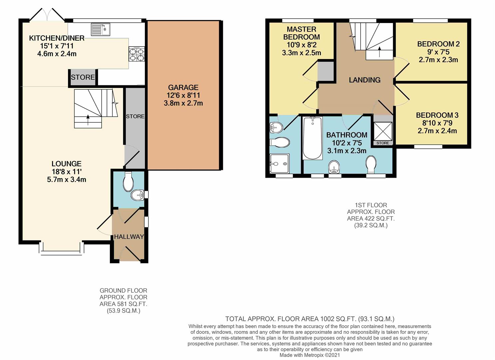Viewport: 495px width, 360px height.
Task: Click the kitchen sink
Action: [x=101, y=29]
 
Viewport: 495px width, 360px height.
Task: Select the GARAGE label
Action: [x=183, y=87]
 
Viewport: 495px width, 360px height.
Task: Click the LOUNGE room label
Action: [x=67, y=164]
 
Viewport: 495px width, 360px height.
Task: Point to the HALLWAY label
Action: [x=129, y=237]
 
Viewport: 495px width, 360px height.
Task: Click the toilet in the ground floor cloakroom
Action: [x=128, y=181]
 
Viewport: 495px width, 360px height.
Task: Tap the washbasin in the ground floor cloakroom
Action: [x=138, y=195]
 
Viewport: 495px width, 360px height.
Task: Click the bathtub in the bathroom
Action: [x=313, y=138]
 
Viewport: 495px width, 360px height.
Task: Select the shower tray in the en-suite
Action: [x=279, y=164]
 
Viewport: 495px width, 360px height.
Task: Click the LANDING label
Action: [x=365, y=80]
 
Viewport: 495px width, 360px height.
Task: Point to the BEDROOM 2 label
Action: [x=438, y=44]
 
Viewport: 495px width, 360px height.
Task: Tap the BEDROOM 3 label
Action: [x=437, y=115]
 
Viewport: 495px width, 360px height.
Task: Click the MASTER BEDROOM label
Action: [x=301, y=33]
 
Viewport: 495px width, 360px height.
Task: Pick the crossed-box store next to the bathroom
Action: [x=383, y=132]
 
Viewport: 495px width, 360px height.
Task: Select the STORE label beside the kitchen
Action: [x=83, y=77]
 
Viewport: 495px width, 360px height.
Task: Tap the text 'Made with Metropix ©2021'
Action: [x=309, y=355]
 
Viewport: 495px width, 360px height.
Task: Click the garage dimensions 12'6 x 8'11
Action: [x=183, y=95]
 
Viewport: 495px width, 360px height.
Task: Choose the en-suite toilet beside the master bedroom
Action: [x=280, y=142]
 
